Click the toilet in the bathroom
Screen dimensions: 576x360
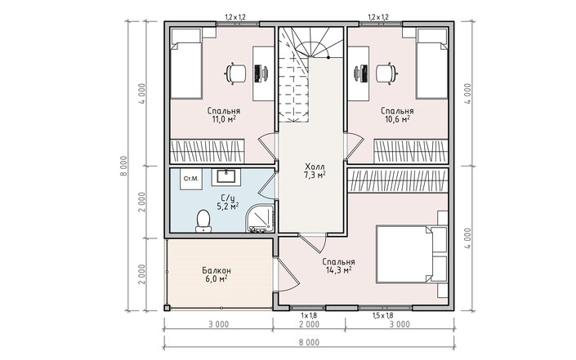203,221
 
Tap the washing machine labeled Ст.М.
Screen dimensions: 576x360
190,179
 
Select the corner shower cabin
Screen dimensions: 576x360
261,218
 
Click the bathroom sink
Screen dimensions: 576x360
226,177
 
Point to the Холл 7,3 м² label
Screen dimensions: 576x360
315,171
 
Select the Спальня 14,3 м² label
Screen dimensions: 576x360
338,266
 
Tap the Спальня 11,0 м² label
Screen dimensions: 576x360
224,115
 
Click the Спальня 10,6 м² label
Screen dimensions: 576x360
397,115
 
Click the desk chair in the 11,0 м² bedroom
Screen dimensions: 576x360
236,73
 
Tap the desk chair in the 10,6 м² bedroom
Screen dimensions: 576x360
386,73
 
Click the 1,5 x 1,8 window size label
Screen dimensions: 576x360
383,315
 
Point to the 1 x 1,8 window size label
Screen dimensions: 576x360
309,315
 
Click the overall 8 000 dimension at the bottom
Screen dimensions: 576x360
309,342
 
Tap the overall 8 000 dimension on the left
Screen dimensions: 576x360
123,166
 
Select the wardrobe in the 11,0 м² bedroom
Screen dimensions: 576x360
208,151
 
